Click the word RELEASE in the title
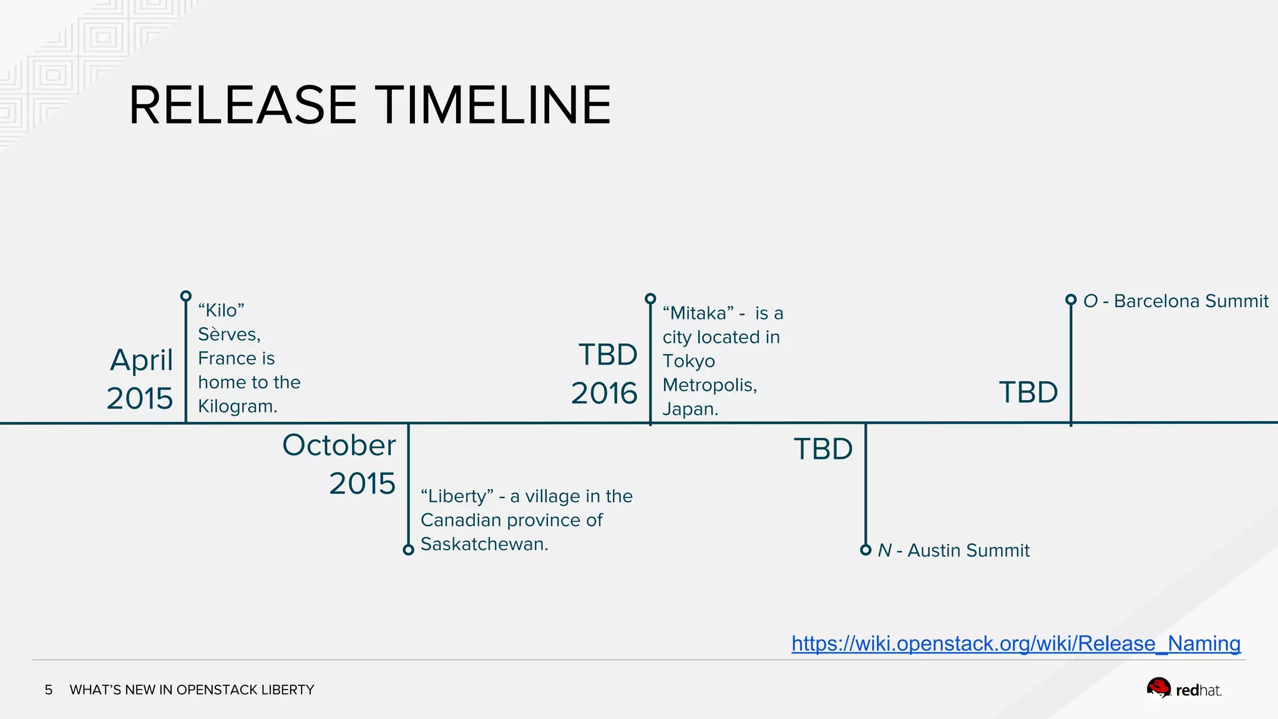242,105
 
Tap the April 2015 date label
140,379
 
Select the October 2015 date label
339,464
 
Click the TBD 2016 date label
604,374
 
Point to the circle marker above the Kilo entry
186,296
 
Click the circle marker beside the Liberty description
408,550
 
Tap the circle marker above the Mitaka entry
650,299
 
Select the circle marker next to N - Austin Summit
866,550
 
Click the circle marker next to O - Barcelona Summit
1071,300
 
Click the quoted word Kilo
221,310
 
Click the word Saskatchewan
484,544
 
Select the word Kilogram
237,406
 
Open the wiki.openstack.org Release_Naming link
1015,643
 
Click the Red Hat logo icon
1159,688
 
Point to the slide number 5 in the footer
49,690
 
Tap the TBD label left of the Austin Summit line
822,449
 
